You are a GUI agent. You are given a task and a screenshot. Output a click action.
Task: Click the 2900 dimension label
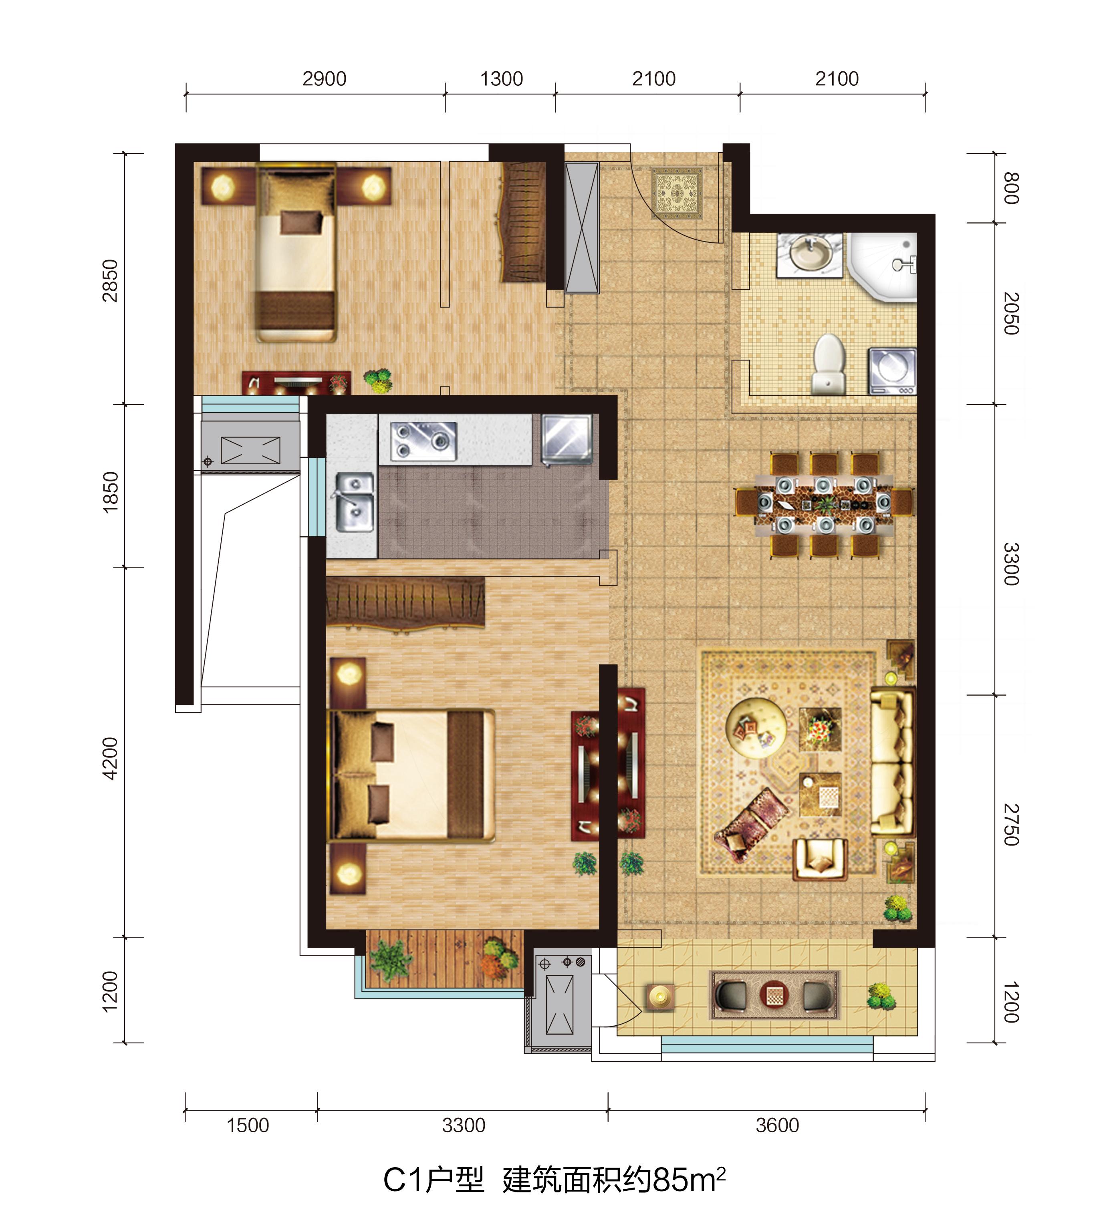(325, 79)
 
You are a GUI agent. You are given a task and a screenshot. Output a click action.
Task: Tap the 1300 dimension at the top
(502, 79)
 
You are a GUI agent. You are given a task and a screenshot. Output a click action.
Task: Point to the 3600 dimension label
(777, 1125)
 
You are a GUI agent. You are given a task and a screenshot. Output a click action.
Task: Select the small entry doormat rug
(677, 193)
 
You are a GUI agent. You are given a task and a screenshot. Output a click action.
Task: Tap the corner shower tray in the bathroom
(883, 267)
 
